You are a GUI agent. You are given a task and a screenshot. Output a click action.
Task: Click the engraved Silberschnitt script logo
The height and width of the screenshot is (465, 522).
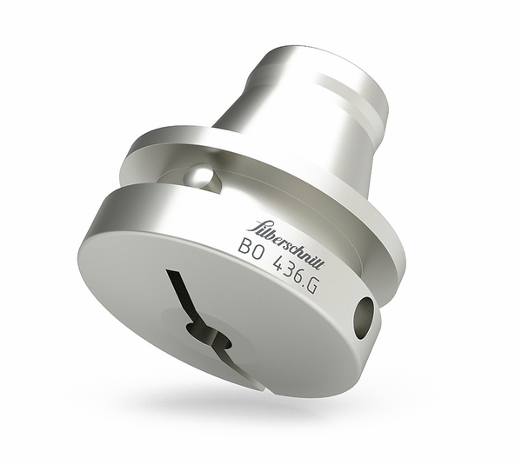pyautogui.click(x=284, y=245)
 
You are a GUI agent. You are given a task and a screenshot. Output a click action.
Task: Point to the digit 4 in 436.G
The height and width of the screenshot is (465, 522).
pyautogui.click(x=279, y=266)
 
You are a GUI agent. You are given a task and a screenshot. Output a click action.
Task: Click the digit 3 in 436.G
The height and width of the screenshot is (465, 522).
pyautogui.click(x=290, y=273)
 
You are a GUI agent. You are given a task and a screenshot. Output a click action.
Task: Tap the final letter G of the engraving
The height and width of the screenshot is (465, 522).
pyautogui.click(x=312, y=288)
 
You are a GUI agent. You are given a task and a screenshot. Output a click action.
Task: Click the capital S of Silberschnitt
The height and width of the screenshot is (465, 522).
pyautogui.click(x=257, y=227)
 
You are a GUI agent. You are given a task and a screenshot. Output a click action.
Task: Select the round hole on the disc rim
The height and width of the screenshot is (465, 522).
pyautogui.click(x=363, y=317)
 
